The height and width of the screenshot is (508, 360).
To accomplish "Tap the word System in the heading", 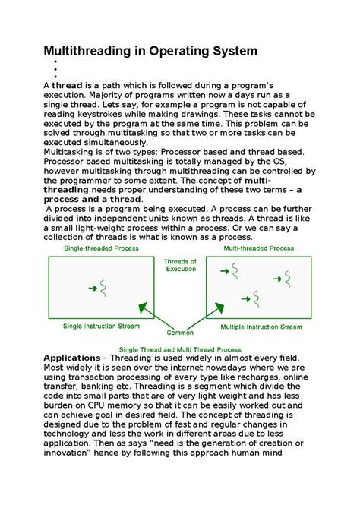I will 228,51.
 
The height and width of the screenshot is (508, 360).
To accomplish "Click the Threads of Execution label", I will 180,265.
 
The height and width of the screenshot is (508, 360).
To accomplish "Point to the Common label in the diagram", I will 181,332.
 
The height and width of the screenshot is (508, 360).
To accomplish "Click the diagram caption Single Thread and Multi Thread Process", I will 180,349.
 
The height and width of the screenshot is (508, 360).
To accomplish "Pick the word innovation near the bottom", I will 74,456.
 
